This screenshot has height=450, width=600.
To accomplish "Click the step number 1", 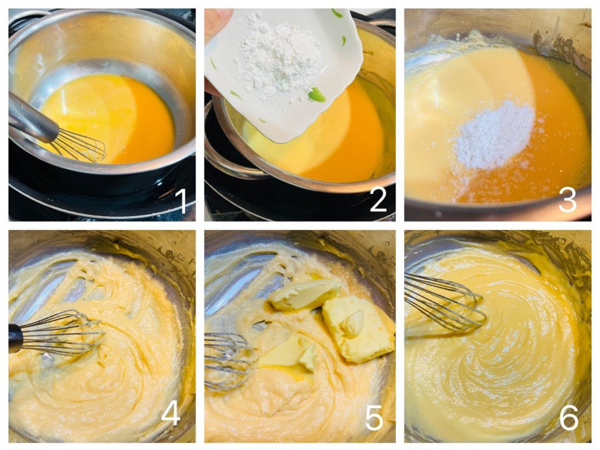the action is point(181,201).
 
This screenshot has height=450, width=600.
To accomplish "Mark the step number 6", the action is point(568,417).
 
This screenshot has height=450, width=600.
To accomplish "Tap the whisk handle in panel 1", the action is point(33,117).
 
